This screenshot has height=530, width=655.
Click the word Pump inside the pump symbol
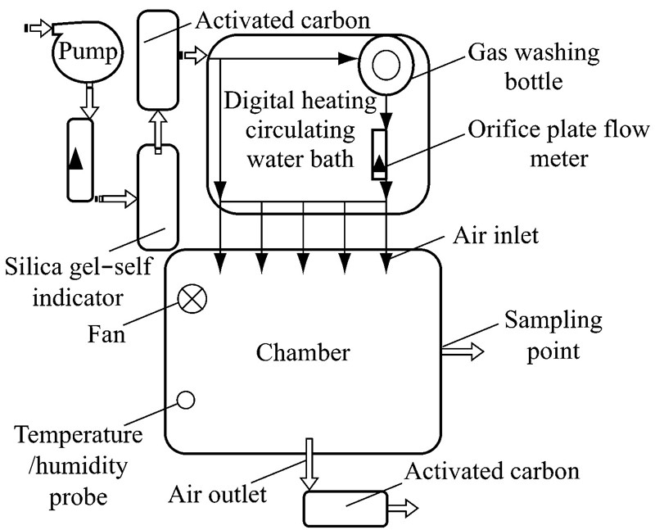(x=85, y=55)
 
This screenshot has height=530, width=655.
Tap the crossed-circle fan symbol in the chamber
(x=192, y=301)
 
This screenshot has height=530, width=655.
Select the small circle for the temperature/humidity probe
(x=186, y=399)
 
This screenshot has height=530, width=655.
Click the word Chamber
(x=303, y=353)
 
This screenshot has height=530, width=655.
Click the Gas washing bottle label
(x=534, y=67)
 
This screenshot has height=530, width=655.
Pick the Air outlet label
(x=218, y=494)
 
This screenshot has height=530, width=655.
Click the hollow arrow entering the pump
(x=38, y=29)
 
